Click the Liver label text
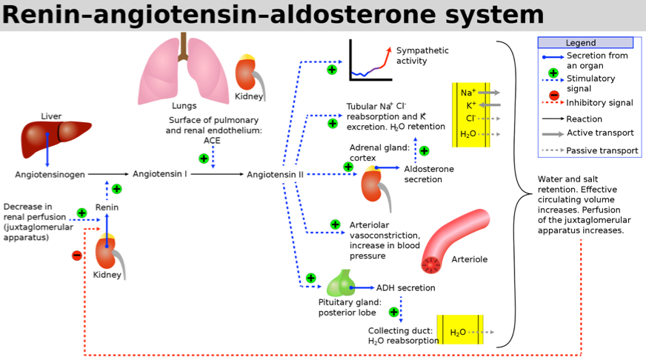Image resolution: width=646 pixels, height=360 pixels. (51, 116)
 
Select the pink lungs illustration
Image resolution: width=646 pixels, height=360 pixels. (183, 70)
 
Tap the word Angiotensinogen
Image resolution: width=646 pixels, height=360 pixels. (50, 175)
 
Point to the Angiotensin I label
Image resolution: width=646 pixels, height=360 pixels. (160, 174)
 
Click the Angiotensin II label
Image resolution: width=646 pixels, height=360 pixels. (275, 175)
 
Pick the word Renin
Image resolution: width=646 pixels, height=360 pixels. (107, 207)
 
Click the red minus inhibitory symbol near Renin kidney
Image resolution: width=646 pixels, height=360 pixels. (76, 256)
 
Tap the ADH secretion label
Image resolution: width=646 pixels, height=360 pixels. (405, 288)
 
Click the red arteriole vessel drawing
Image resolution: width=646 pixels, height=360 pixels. (454, 241)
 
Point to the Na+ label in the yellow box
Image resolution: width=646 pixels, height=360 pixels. (468, 93)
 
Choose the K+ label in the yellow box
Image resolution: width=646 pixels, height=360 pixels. (471, 105)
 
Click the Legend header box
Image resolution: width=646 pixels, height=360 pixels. (585, 42)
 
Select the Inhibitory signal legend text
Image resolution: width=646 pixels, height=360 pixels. (599, 102)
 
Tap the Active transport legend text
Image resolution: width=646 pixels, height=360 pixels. (600, 133)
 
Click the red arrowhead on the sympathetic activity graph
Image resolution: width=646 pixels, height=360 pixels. (388, 50)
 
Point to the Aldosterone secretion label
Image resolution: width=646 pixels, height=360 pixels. (429, 174)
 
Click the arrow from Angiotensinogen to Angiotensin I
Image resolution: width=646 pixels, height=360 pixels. (108, 174)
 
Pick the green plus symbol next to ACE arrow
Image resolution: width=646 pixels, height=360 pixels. (204, 159)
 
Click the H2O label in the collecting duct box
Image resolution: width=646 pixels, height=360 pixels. (458, 333)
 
